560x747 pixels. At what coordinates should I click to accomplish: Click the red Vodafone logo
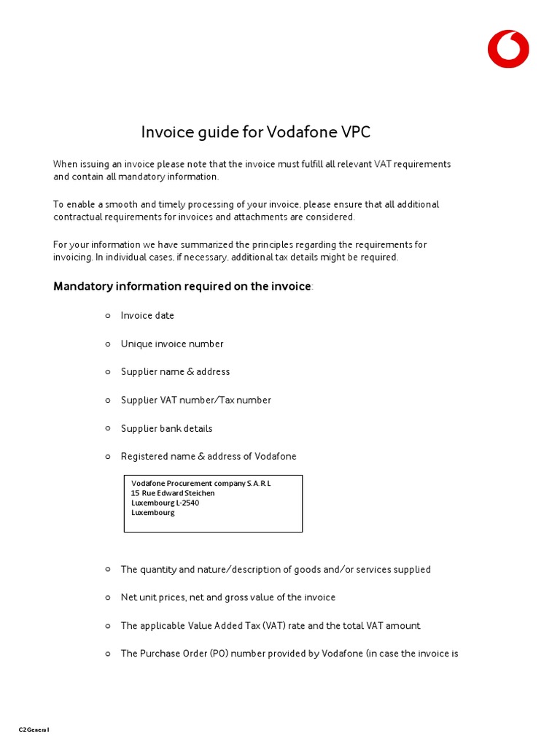508,49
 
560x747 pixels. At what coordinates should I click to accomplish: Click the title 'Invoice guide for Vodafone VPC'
256,132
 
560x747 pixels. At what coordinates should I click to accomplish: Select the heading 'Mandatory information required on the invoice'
182,286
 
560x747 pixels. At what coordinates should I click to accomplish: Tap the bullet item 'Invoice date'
147,316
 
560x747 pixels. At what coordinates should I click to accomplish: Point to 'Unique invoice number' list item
172,344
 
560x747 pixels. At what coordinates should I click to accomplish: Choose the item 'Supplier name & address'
175,372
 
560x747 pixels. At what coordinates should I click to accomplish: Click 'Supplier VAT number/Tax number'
195,400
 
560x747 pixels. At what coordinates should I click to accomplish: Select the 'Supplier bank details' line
166,428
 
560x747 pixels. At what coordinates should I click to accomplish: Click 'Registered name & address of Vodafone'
209,457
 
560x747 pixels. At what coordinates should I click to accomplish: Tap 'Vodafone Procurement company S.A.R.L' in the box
201,484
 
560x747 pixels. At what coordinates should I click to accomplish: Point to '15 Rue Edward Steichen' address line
173,493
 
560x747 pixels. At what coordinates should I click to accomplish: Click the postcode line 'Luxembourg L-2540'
165,503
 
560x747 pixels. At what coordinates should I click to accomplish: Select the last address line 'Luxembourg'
153,512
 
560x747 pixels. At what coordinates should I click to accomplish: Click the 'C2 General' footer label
34,729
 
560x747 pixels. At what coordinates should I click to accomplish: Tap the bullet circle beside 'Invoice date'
108,315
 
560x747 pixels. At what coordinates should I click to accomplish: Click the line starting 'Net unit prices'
227,597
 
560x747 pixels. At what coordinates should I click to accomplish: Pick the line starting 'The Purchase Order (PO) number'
289,654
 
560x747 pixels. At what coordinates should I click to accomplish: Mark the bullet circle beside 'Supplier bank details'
108,427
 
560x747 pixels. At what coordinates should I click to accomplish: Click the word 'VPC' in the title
355,132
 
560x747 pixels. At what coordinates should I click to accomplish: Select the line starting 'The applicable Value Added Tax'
271,626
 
